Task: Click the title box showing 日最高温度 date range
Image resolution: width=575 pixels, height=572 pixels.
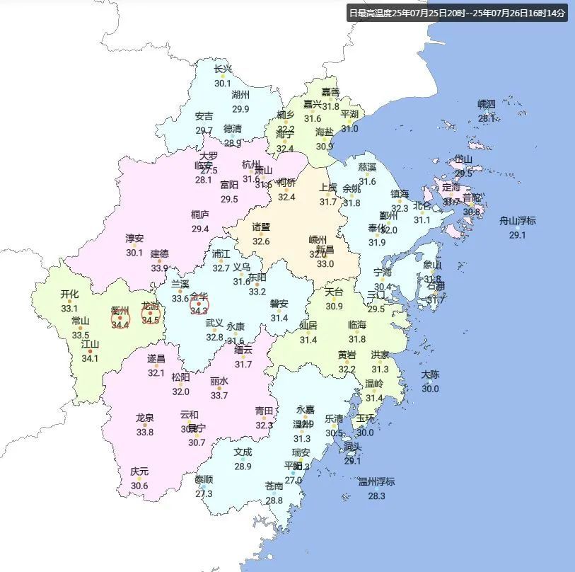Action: tap(458, 13)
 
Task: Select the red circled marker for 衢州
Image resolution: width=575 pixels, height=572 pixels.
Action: tap(120, 317)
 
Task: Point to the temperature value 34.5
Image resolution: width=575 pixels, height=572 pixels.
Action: tap(151, 320)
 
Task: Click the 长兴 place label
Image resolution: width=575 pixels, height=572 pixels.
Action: tap(223, 69)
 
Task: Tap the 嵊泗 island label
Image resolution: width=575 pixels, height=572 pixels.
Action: tap(487, 105)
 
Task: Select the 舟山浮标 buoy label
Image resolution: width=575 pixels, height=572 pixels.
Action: tap(518, 221)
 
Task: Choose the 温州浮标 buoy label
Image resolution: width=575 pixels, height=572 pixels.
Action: tap(376, 482)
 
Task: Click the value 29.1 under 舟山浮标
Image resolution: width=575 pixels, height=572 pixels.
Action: tap(518, 235)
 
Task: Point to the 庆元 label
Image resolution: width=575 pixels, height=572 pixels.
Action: tap(139, 471)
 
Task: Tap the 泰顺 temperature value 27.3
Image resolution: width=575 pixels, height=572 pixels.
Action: tap(204, 493)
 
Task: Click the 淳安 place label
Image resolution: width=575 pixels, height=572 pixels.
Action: tap(134, 239)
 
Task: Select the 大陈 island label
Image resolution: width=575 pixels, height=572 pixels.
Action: tap(430, 374)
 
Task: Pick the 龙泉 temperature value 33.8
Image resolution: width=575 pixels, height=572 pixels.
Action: tap(145, 432)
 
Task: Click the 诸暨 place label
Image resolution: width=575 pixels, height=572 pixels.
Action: tap(261, 227)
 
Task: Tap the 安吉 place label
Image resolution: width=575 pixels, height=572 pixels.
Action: tap(204, 116)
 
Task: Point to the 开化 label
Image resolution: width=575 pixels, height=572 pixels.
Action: tap(69, 294)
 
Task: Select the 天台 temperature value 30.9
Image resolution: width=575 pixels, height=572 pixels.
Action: tap(334, 306)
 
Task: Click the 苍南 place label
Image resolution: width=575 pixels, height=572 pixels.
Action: tap(274, 486)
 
